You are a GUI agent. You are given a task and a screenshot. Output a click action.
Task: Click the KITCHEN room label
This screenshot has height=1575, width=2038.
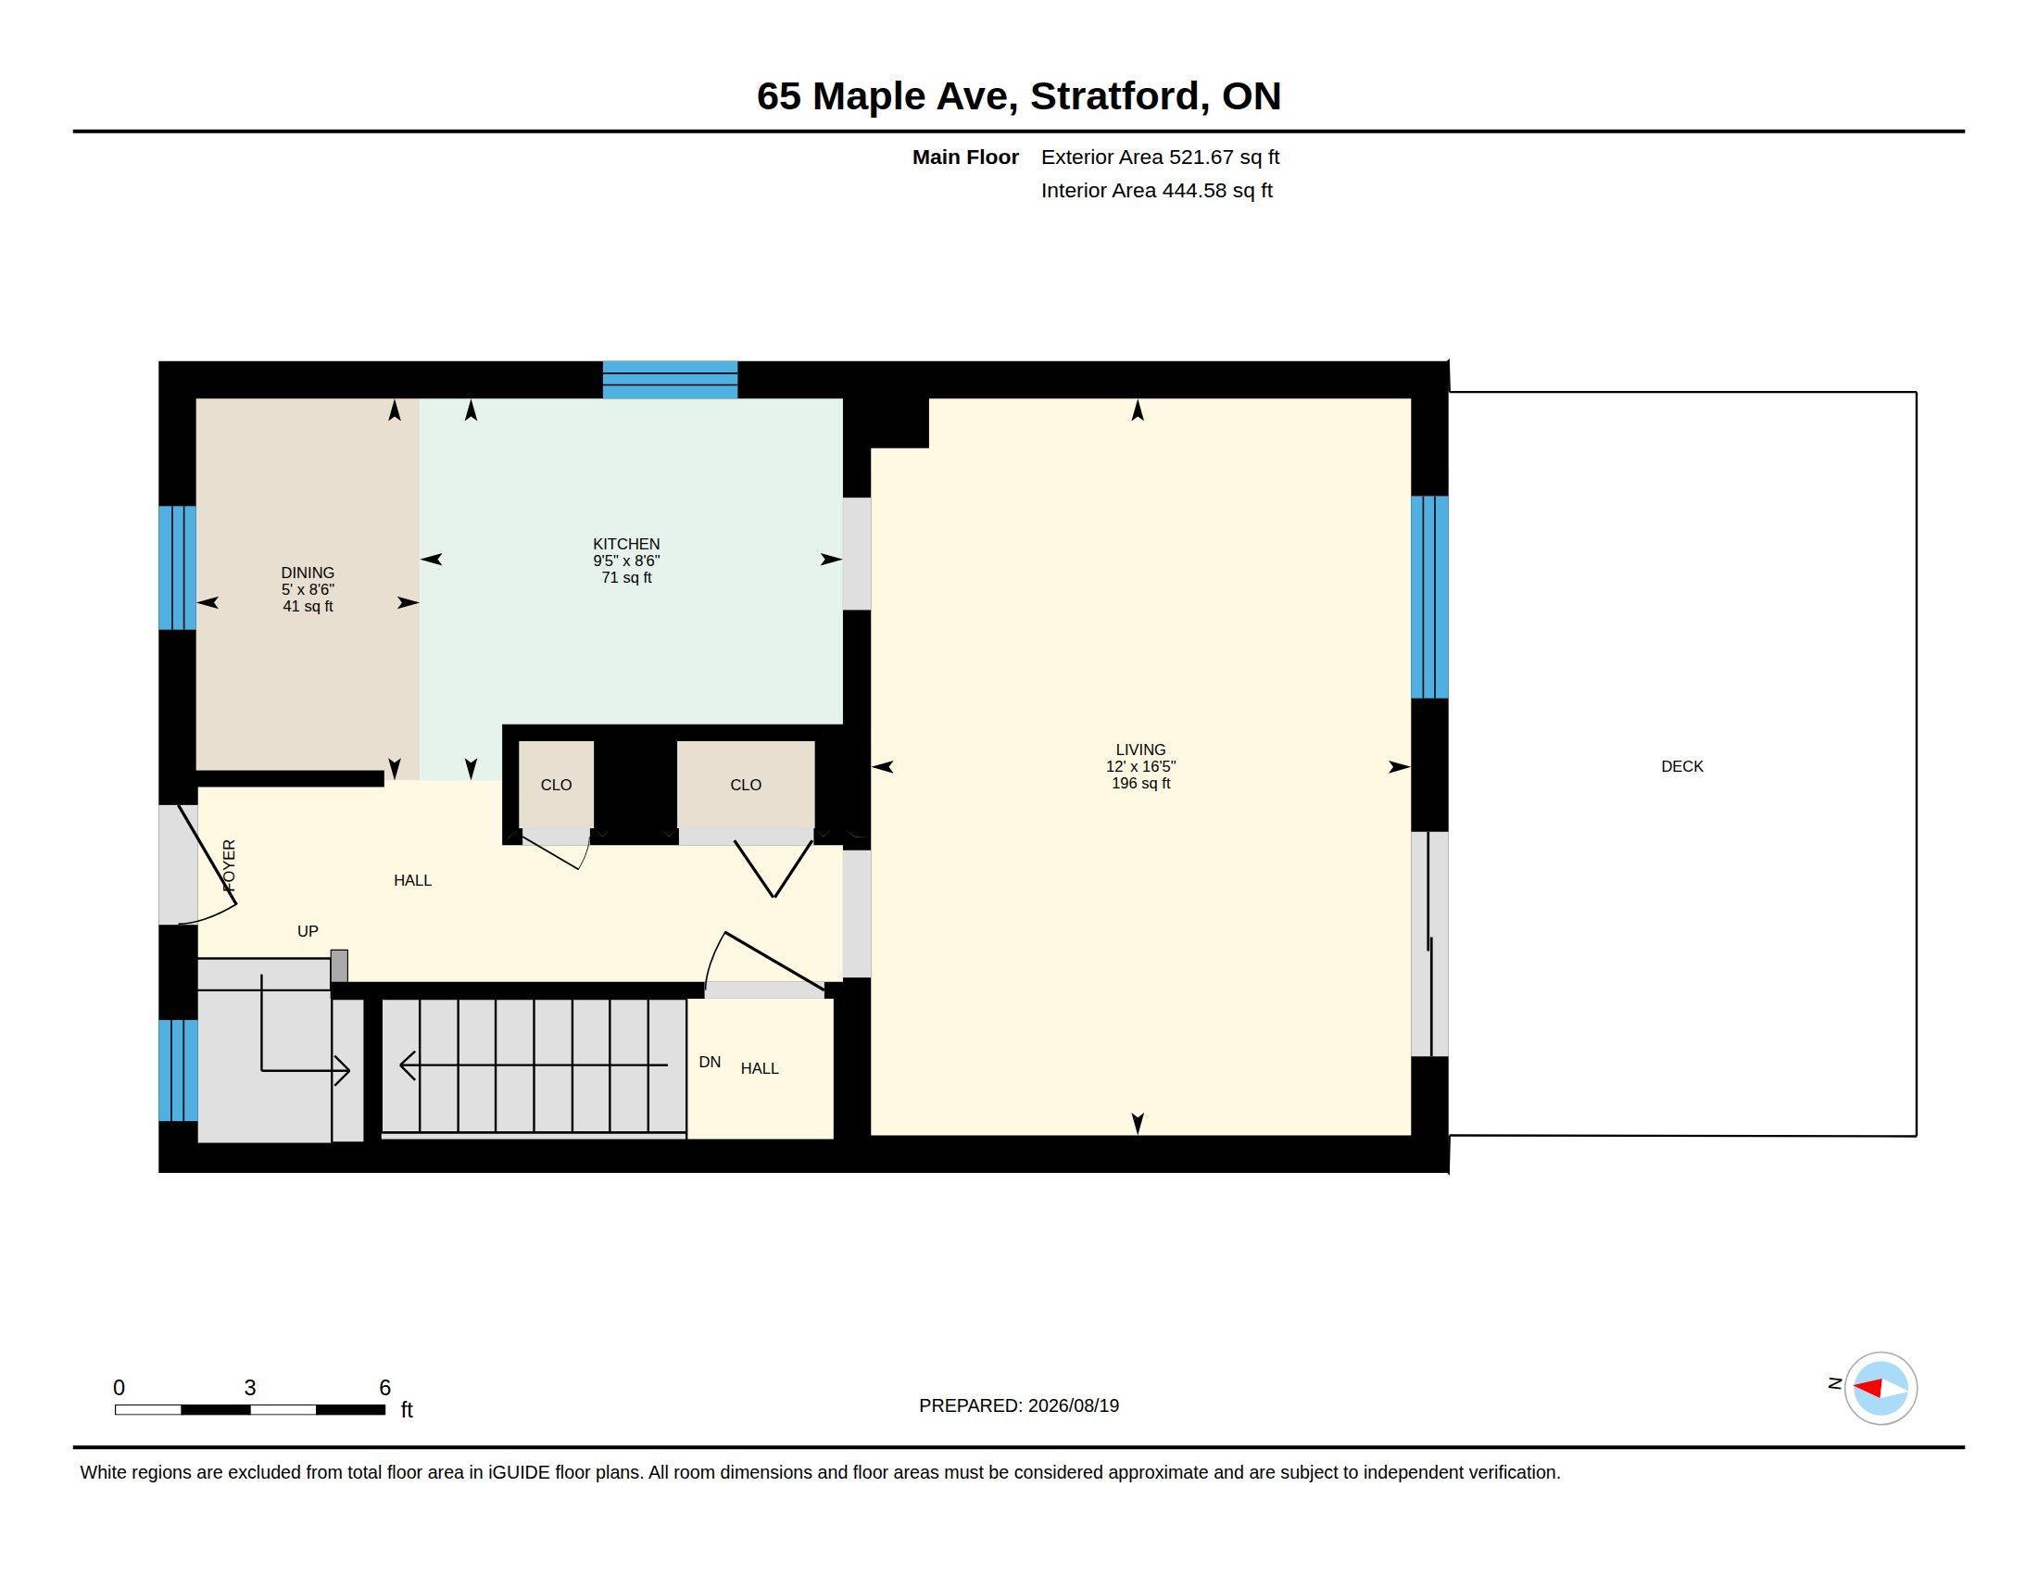[626, 544]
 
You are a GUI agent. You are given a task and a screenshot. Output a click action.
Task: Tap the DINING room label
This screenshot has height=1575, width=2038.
[308, 573]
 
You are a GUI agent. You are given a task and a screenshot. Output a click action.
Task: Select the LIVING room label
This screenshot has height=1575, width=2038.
[1140, 750]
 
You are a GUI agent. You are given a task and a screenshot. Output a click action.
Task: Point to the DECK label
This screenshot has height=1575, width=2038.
[1681, 766]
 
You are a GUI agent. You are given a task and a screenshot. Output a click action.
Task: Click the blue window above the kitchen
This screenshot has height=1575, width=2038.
[670, 380]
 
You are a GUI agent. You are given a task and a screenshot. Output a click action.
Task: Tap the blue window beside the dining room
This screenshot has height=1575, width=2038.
[177, 567]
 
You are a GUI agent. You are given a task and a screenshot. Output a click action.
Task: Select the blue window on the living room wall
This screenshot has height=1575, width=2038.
[1428, 598]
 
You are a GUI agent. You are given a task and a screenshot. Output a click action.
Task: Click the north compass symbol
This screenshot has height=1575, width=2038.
[1880, 1389]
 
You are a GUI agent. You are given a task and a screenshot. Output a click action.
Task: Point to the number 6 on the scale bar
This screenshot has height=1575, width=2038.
[384, 1388]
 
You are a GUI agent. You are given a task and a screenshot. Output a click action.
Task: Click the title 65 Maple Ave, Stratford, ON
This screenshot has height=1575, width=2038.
[1019, 96]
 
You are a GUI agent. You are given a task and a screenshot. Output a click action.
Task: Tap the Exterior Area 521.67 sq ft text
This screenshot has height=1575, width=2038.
[1160, 157]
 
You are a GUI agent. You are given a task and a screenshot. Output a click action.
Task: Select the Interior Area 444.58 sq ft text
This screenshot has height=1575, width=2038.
[1156, 190]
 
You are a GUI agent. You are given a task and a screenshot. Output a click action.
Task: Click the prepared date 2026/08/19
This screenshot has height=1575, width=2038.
[1073, 1405]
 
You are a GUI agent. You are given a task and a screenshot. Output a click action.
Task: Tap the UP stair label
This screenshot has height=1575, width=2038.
[307, 931]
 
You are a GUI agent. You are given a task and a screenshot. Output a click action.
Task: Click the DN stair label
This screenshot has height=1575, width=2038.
[710, 1062]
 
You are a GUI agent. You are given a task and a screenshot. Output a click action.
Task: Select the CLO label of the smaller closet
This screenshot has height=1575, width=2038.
[556, 785]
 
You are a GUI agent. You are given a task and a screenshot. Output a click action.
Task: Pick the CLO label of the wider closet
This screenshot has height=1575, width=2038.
[746, 785]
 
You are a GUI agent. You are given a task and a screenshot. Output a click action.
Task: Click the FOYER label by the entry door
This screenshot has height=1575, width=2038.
[230, 865]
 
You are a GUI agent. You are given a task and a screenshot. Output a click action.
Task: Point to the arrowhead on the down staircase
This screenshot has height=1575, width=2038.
[407, 1065]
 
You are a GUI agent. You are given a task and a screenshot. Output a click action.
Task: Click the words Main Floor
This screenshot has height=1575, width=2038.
[965, 157]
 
